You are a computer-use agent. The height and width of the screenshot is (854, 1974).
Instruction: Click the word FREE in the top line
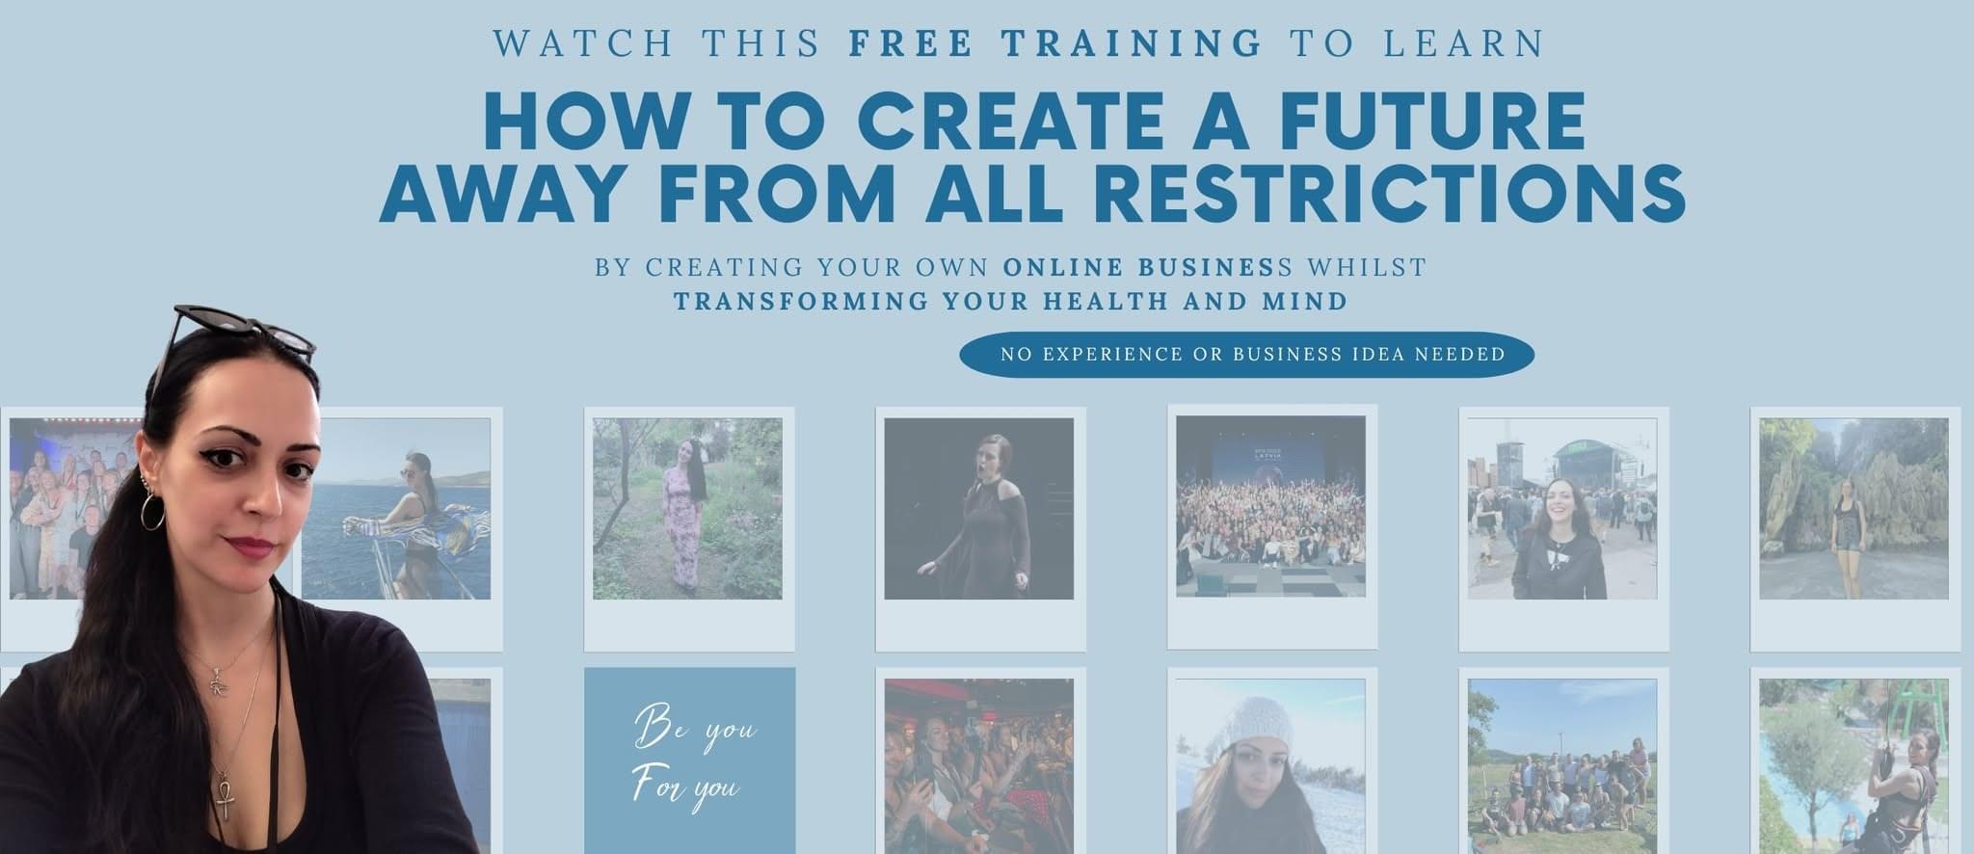911,43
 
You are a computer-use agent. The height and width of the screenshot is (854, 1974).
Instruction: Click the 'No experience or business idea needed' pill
1246,354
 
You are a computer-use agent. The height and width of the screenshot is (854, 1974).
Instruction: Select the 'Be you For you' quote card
689,761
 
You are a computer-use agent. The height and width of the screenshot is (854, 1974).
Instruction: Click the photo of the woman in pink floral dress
687,508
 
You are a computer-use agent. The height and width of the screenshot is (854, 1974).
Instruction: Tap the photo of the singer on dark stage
978,508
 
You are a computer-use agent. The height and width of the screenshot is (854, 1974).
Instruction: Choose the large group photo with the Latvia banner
1270,506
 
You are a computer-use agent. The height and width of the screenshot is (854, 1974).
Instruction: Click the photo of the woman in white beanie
1270,766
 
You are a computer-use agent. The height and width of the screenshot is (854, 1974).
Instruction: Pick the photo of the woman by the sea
397,508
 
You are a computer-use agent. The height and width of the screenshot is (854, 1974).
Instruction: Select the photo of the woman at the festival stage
1562,508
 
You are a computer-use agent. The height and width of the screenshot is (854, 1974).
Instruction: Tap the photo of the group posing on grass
1562,766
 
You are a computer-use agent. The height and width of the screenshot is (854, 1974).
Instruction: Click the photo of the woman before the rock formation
1854,508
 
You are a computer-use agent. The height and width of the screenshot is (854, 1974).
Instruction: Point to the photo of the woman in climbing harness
1854,766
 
